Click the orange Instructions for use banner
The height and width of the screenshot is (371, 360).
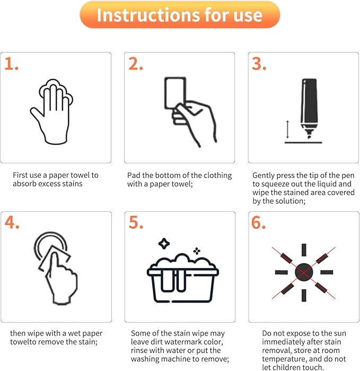click(x=180, y=15)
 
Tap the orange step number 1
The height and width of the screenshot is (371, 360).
click(x=11, y=64)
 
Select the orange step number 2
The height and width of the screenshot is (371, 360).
click(x=136, y=64)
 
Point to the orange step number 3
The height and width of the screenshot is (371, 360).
click(x=259, y=64)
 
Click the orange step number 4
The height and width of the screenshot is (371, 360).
click(x=12, y=222)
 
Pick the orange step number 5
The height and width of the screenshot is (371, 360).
click(x=136, y=222)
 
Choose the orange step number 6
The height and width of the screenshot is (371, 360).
click(x=258, y=222)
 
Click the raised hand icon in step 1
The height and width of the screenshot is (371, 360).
click(x=51, y=111)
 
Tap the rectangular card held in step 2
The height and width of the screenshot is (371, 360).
click(x=175, y=93)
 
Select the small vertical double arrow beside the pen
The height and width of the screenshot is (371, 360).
click(x=287, y=129)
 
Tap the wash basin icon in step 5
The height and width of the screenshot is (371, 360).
click(x=182, y=278)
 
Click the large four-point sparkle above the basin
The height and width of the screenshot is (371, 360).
click(x=164, y=244)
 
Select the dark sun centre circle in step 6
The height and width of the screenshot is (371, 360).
click(x=304, y=272)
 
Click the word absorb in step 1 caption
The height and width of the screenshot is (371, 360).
click(x=24, y=184)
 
